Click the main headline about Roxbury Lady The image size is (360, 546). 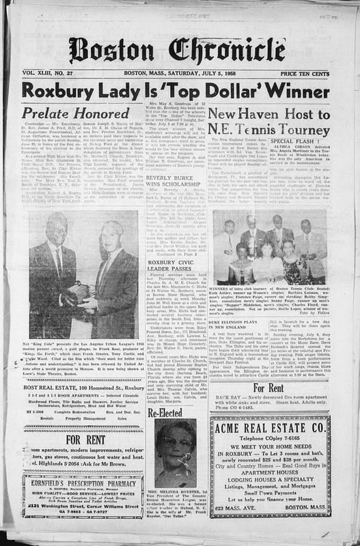[x=180, y=89]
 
